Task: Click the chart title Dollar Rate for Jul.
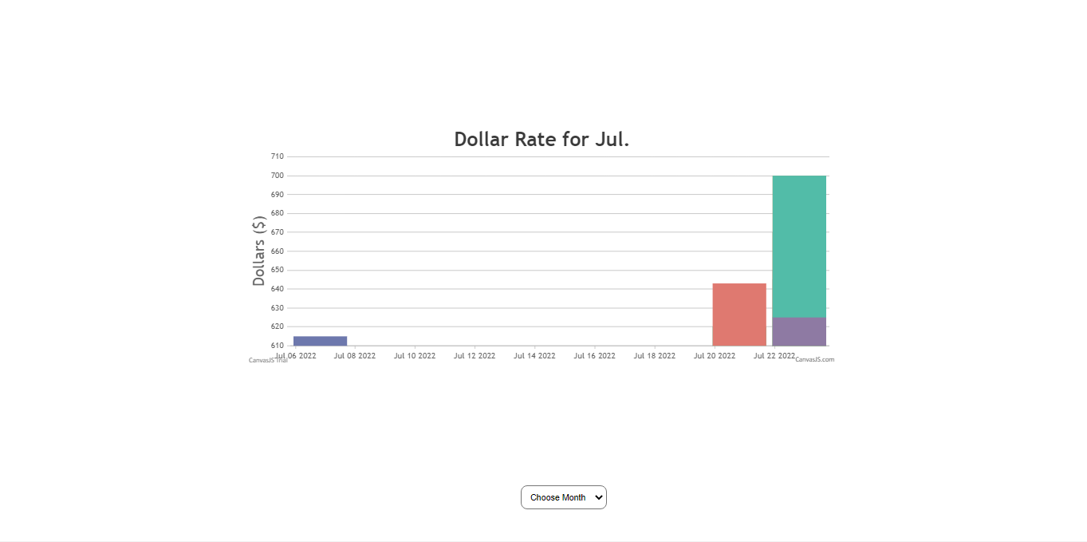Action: point(542,140)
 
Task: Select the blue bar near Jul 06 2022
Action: point(320,341)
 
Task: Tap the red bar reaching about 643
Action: point(739,315)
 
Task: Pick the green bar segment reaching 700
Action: point(799,246)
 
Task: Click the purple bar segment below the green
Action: point(799,331)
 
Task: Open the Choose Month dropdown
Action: point(564,497)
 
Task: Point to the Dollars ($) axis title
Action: point(259,251)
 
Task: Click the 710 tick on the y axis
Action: point(278,156)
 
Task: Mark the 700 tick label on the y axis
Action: point(278,176)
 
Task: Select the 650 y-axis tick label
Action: point(278,270)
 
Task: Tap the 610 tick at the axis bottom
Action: point(278,346)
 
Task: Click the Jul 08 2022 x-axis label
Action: point(355,356)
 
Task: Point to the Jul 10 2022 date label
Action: point(415,356)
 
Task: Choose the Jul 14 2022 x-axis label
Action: point(534,356)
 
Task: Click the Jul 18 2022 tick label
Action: point(655,356)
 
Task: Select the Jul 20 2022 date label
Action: point(715,356)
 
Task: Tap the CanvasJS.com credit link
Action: point(814,360)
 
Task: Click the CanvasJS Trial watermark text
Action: point(268,361)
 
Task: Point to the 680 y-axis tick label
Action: point(278,213)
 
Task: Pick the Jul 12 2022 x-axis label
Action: point(475,356)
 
